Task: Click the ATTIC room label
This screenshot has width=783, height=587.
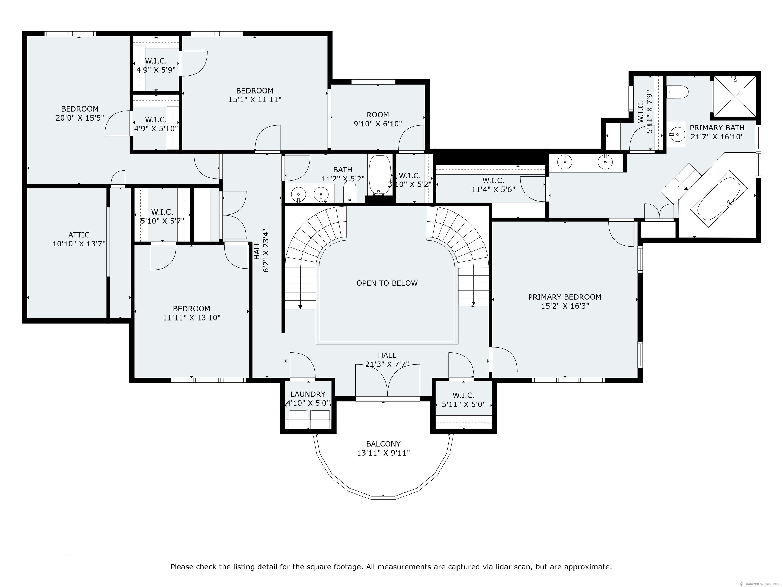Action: [79, 235]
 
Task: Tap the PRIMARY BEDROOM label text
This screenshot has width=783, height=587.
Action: [565, 297]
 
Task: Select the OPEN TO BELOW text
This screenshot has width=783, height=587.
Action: [387, 283]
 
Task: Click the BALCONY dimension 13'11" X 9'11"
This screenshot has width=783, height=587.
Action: [383, 453]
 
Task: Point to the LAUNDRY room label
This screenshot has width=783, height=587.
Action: [308, 394]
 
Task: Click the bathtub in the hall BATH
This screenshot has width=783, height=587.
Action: [380, 175]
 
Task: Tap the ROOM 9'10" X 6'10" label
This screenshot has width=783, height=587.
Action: [378, 115]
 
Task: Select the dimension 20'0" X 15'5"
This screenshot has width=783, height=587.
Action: [80, 118]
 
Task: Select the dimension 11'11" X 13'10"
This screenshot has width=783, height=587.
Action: [191, 318]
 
